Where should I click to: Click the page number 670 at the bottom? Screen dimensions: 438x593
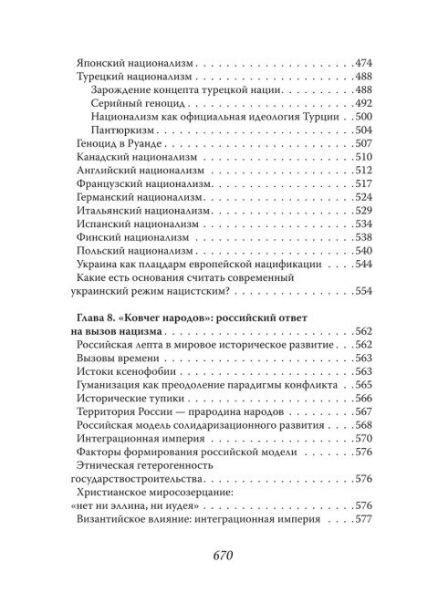pyautogui.click(x=219, y=555)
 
